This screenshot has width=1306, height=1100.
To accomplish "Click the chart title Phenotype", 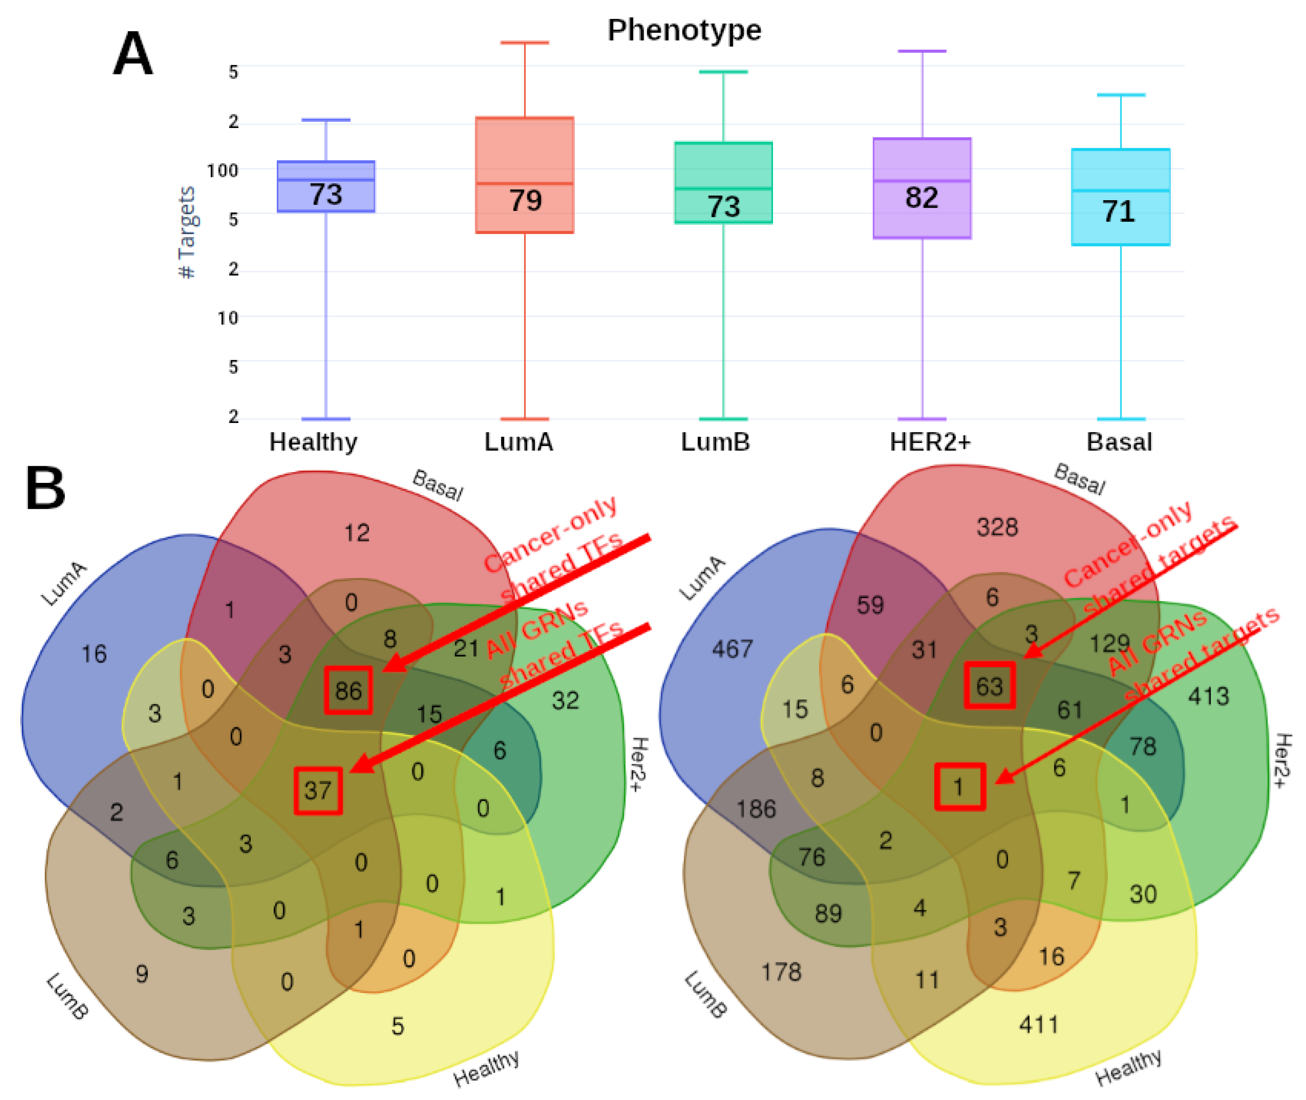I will (684, 30).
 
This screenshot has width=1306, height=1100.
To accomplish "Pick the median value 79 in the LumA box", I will (525, 201).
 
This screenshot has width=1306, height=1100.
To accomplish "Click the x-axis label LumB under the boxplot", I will (716, 442).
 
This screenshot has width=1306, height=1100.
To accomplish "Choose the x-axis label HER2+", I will (930, 442).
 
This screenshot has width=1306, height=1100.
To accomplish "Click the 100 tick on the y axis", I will (223, 170).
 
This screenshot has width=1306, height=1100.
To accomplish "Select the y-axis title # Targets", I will (186, 232).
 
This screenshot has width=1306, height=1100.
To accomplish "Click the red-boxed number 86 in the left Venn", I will (348, 690).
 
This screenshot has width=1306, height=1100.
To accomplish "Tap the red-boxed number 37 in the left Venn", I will (318, 791).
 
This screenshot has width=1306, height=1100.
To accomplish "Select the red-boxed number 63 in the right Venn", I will (989, 686).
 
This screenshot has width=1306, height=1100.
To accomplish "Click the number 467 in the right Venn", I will (732, 649).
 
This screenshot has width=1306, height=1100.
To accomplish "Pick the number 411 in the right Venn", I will (1038, 1025).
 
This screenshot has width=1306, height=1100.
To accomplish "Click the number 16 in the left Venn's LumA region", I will (94, 654).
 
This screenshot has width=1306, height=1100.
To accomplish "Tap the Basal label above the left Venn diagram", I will (438, 485).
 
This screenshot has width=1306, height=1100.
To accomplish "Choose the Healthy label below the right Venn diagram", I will (1128, 1066).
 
